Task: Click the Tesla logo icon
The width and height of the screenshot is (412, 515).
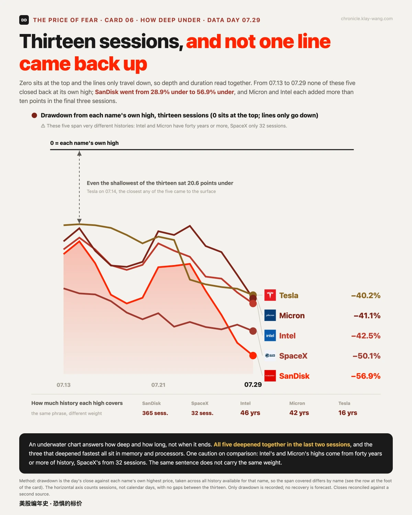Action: point(270,295)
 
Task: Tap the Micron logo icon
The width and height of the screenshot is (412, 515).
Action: point(270,315)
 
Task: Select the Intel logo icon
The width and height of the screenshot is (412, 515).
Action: point(270,335)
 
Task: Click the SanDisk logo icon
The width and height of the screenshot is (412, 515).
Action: point(270,376)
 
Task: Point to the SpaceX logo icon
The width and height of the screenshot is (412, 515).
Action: point(270,355)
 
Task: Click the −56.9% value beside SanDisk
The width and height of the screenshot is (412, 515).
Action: point(366,376)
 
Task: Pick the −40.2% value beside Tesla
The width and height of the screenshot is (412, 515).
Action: point(366,295)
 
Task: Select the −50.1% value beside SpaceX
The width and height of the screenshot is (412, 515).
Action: point(366,356)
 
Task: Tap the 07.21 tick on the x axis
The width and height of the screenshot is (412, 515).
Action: point(158,385)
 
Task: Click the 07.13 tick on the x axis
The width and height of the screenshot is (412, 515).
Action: point(64,385)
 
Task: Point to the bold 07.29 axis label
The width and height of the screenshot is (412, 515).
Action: point(253,385)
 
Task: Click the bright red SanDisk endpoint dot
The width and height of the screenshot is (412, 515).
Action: point(253,356)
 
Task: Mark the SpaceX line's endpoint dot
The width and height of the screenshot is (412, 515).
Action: point(253,331)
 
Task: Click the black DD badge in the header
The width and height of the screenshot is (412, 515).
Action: point(24,20)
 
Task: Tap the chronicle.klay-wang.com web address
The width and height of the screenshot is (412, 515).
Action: point(367,19)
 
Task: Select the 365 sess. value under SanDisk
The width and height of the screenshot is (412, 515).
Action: point(155,413)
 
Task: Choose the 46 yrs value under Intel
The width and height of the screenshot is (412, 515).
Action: point(250,413)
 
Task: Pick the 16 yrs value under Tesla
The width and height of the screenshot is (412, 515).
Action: point(347,413)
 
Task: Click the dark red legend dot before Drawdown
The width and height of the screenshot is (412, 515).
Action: point(34,115)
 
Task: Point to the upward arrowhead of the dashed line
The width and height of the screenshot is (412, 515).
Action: point(79,153)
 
